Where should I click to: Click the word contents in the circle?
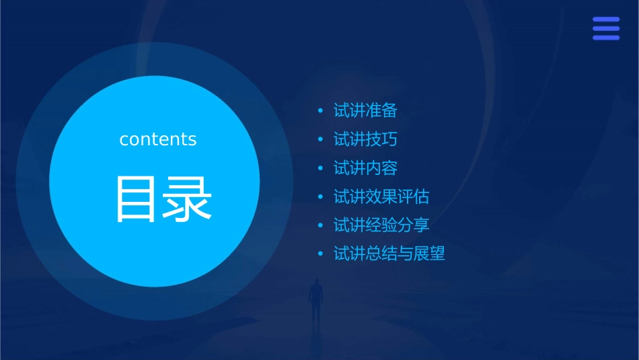point(158,139)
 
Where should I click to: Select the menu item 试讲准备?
point(365,110)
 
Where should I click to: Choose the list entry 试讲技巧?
point(365,139)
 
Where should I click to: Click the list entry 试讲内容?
point(365,168)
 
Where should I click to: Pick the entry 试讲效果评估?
point(381,196)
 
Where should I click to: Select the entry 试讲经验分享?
point(381,225)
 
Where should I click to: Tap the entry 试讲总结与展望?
point(389,254)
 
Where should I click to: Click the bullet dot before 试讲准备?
point(321,111)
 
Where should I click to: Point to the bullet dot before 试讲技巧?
point(321,140)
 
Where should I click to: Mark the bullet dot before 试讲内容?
point(321,168)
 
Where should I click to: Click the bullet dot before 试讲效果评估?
point(321,197)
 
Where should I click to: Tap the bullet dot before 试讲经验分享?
point(321,225)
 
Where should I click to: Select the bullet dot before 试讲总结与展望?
point(321,254)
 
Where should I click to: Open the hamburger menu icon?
point(606,28)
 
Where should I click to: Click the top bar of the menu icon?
point(606,20)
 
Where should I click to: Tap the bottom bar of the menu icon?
point(606,38)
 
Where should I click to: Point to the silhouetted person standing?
point(315,300)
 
